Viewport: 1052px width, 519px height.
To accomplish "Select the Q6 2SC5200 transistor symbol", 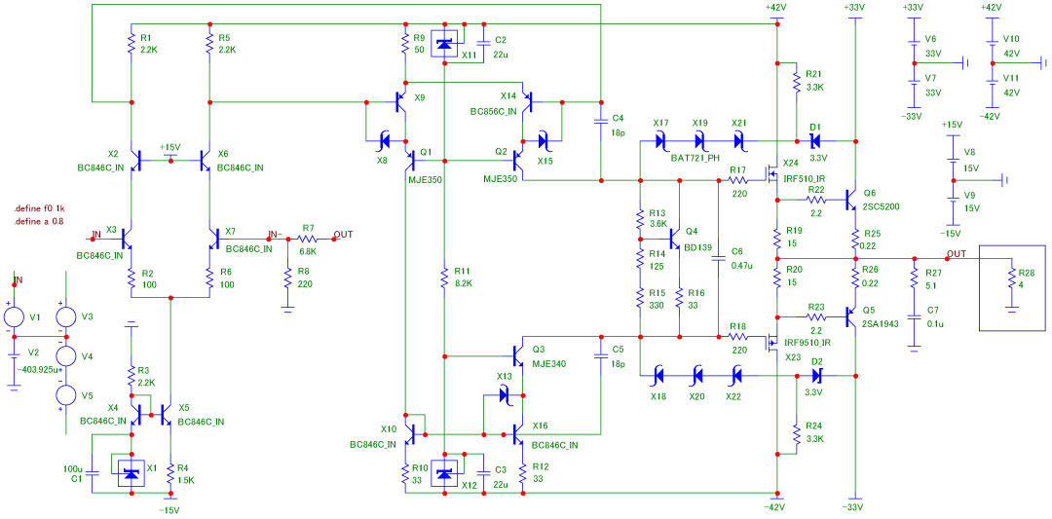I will (x=850, y=200).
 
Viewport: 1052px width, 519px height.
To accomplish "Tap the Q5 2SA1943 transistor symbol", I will (x=850, y=318).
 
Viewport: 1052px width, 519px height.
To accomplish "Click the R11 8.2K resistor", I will (x=445, y=278).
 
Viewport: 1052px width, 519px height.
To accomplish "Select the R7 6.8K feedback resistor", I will (x=308, y=239).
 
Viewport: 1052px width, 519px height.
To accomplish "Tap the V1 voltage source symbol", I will (x=15, y=317).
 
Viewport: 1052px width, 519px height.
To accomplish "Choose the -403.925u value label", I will (x=36, y=368).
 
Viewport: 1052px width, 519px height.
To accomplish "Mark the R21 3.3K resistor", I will (x=796, y=81).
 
